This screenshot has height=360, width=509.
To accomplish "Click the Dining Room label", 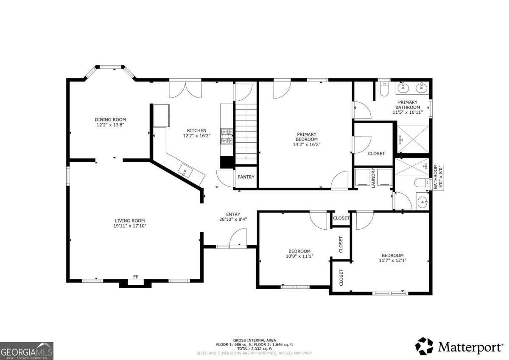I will (110, 120).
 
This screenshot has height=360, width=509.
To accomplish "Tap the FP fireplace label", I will (136, 277).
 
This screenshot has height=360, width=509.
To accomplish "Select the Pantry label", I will (246, 177).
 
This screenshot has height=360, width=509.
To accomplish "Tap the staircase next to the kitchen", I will (246, 134).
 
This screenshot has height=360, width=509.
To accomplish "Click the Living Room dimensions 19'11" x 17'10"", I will (130, 226).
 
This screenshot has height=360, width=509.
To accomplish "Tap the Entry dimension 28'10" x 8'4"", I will (233, 219).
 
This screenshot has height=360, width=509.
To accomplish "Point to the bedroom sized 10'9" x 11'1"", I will (299, 254).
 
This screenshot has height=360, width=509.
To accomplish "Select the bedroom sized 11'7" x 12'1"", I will (392, 258).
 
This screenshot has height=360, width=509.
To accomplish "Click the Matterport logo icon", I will (424, 346).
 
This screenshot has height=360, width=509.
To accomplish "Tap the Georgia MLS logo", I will (27, 351).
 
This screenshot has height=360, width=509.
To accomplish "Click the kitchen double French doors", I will (185, 89).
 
